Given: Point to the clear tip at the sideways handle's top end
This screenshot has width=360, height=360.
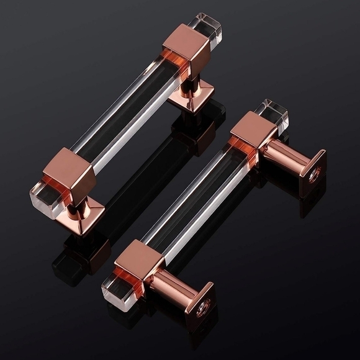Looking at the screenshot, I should click(276, 112).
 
